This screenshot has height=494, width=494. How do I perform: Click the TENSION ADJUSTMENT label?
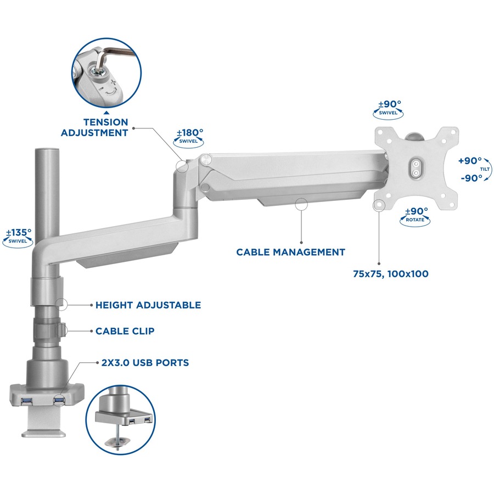pyautogui.click(x=94, y=127)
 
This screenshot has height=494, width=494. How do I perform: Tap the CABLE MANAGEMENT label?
pyautogui.click(x=290, y=252)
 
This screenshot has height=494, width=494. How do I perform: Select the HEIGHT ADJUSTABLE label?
pyautogui.click(x=148, y=305)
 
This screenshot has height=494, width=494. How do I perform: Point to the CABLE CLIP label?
pyautogui.click(x=125, y=331)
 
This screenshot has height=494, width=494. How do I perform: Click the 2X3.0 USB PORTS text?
pyautogui.click(x=145, y=363)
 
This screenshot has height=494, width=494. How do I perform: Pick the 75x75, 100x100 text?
pyautogui.click(x=391, y=274)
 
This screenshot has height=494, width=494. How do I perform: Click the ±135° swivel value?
pyautogui.click(x=19, y=233)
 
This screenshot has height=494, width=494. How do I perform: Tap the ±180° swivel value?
pyautogui.click(x=190, y=132)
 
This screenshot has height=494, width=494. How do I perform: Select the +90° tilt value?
pyautogui.click(x=470, y=161)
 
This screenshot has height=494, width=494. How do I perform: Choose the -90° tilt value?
pyautogui.click(x=471, y=178)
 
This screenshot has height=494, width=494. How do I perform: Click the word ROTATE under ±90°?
pyautogui.click(x=415, y=220)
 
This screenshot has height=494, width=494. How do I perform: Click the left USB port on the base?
pyautogui.click(x=26, y=401)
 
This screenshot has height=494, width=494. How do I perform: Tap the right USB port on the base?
pyautogui.click(x=59, y=401)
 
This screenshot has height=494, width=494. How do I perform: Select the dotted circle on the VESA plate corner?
pyautogui.click(x=379, y=205)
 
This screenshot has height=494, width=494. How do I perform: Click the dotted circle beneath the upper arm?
pyautogui.click(x=301, y=204)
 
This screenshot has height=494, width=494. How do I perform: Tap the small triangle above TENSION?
pyautogui.click(x=106, y=112)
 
